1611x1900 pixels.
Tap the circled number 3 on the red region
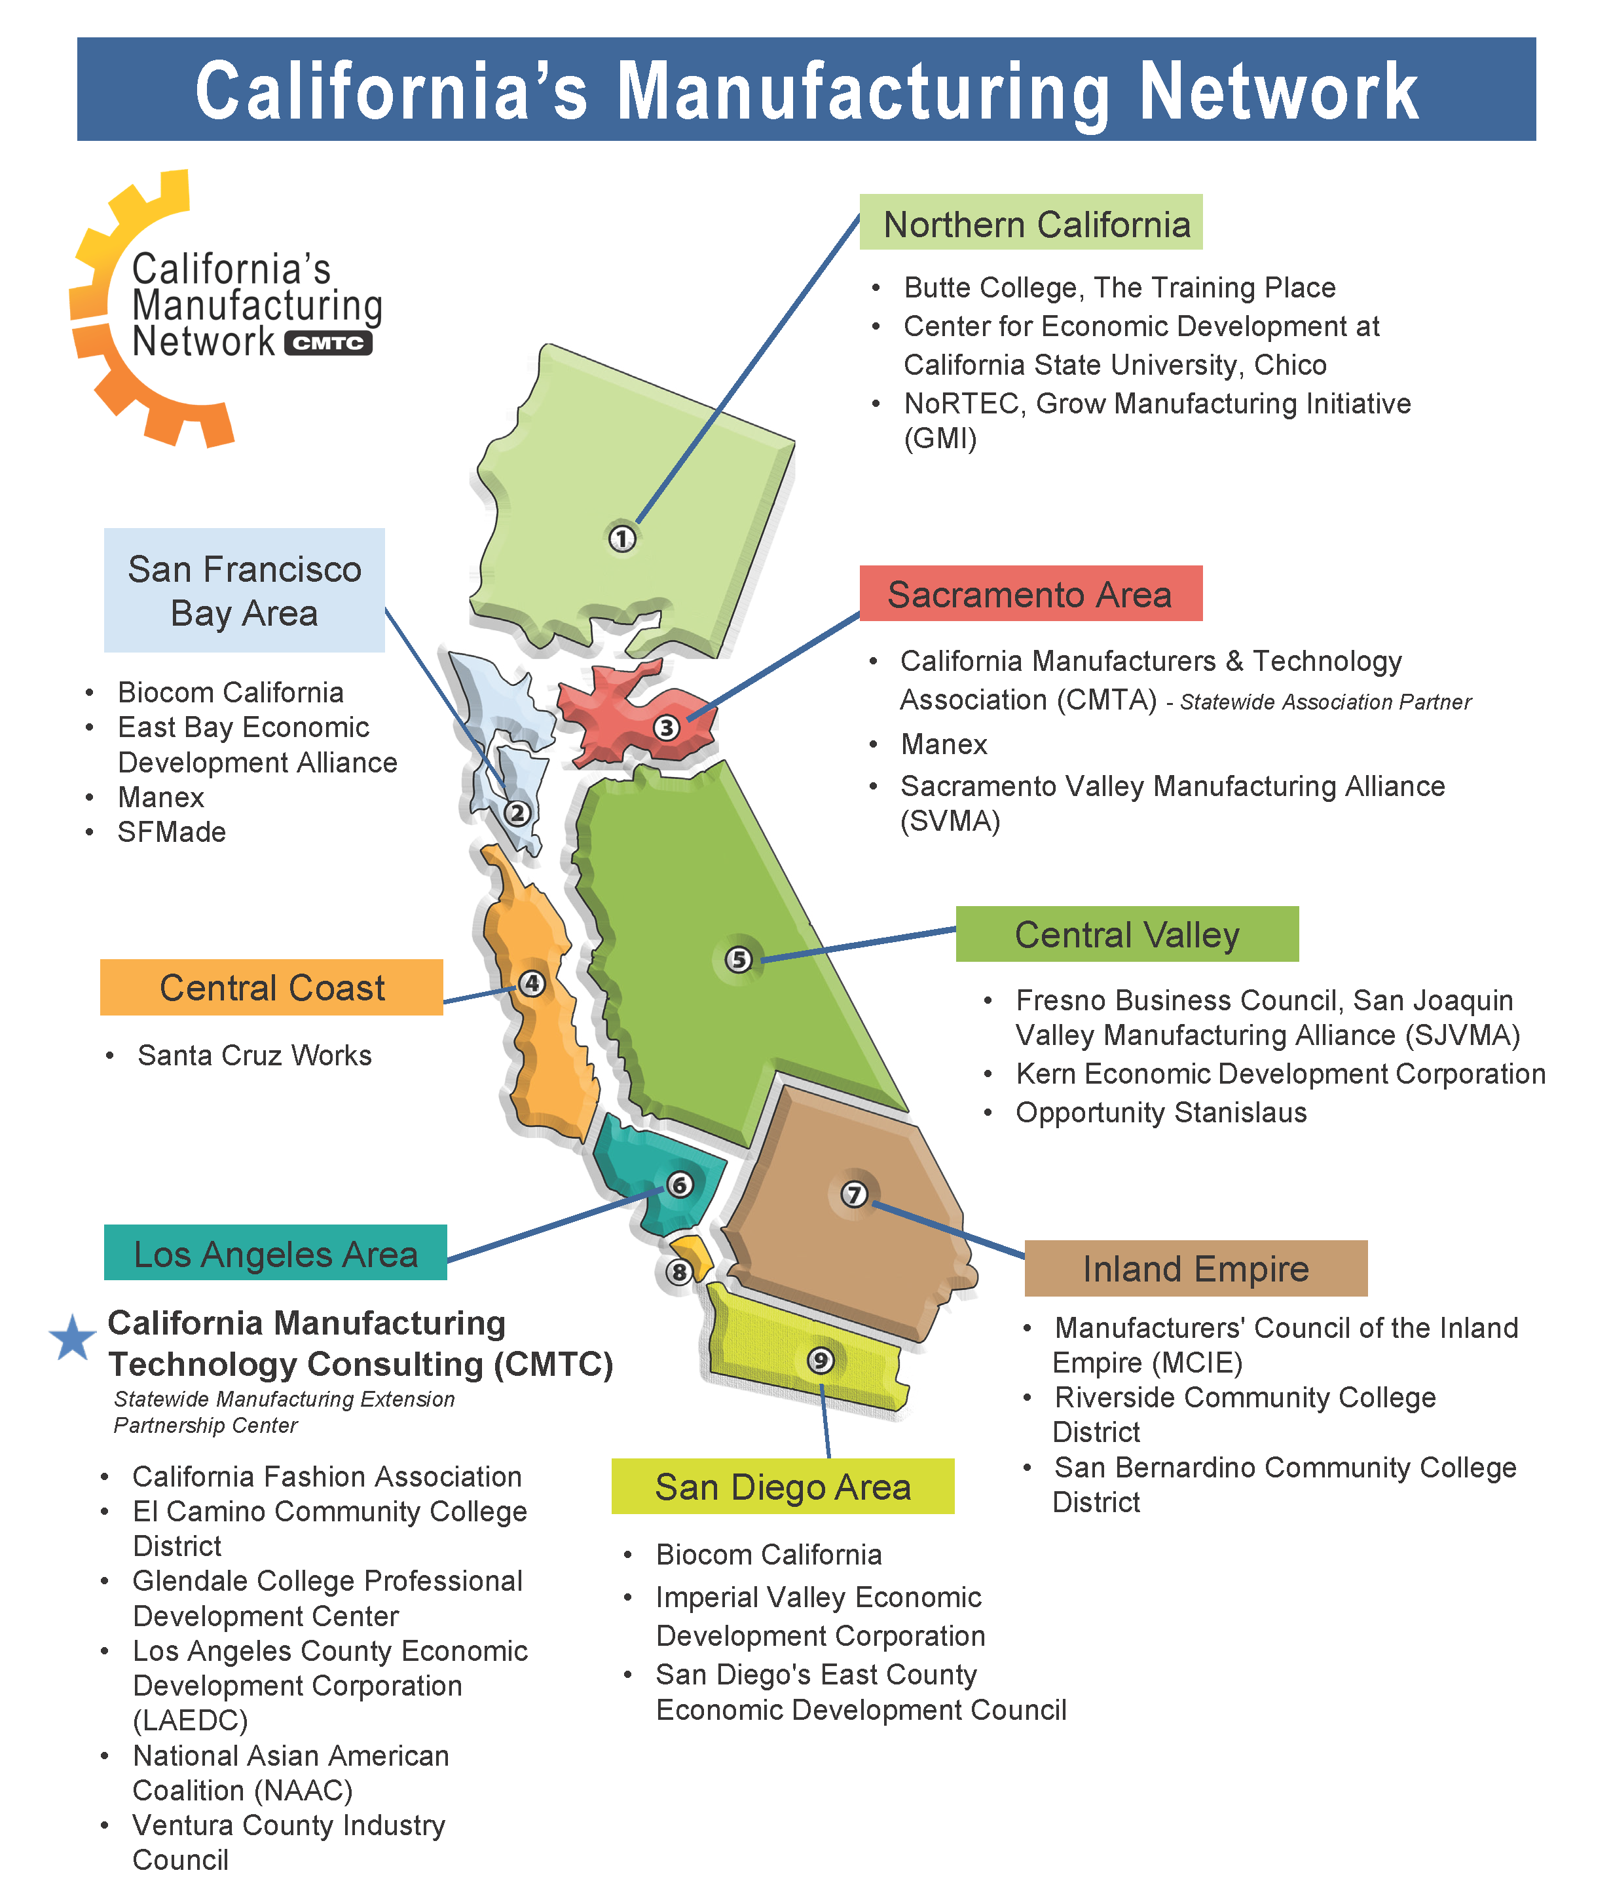coord(667,727)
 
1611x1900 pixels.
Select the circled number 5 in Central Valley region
coord(739,959)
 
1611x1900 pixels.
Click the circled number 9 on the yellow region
coord(820,1360)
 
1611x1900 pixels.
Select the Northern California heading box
coord(1030,222)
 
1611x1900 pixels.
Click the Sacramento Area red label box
coord(1030,594)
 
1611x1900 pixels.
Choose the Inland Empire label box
coord(1194,1268)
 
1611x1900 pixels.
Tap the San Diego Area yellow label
coord(782,1486)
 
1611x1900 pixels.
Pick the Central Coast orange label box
coord(271,987)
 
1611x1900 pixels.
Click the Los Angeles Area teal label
coord(275,1253)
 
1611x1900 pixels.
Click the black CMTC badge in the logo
coord(328,343)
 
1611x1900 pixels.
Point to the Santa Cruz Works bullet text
coord(254,1055)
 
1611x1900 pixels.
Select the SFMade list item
coord(172,831)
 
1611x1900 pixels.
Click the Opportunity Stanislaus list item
coord(1160,1112)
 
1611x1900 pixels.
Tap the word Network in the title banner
coord(1278,91)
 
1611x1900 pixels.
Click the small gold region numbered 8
coord(694,1255)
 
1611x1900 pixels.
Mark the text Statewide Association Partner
coord(1325,702)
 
